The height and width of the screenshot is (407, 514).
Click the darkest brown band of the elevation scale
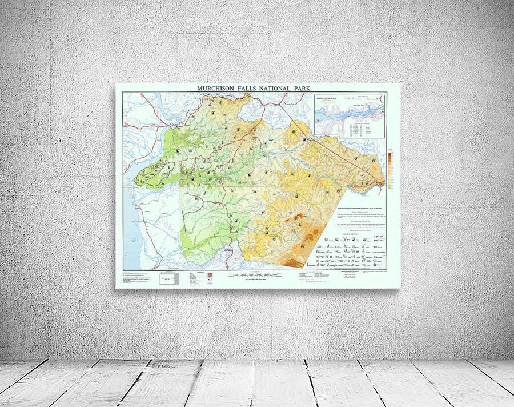pyautogui.click(x=390, y=155)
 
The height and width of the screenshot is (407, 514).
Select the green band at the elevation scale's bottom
pyautogui.click(x=390, y=186)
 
